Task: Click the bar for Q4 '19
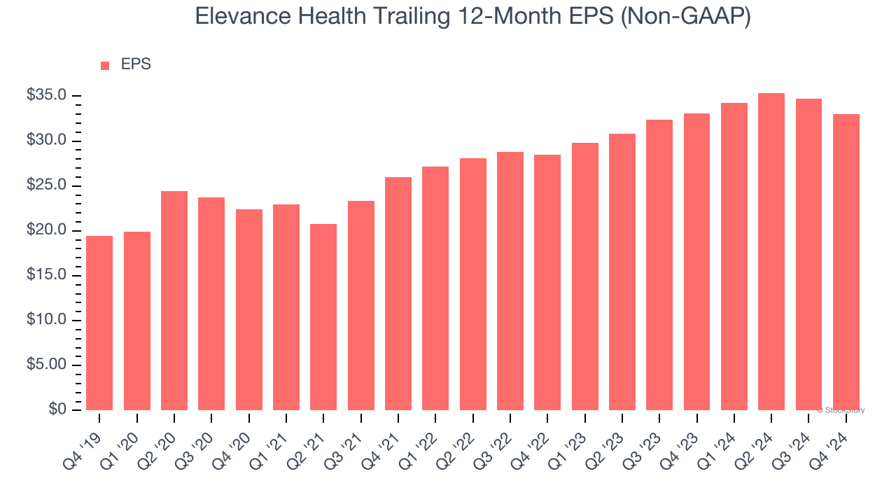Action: click(x=99, y=323)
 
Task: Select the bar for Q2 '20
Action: click(x=174, y=300)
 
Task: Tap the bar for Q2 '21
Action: click(x=323, y=316)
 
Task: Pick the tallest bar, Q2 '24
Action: click(x=771, y=251)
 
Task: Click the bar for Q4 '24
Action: click(x=846, y=262)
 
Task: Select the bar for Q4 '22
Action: click(x=547, y=282)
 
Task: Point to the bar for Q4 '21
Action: click(x=398, y=293)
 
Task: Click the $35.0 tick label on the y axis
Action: click(x=47, y=96)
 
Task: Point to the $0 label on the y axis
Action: click(x=57, y=409)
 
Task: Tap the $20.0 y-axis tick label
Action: click(x=47, y=230)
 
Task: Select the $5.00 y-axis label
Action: click(x=47, y=365)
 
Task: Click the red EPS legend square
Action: click(x=105, y=66)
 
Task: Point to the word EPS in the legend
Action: click(x=136, y=64)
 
